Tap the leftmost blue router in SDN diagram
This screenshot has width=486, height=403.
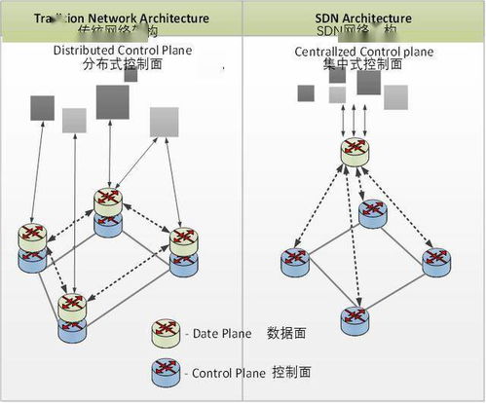[x=295, y=260]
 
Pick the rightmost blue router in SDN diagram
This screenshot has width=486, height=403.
[x=435, y=260]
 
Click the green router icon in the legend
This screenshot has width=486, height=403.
[x=167, y=333]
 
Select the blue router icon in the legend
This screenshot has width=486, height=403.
[x=167, y=370]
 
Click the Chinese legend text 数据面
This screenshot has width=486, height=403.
[x=287, y=334]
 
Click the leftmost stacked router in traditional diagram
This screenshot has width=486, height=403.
[x=32, y=245]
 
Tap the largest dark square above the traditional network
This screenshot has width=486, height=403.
[x=112, y=101]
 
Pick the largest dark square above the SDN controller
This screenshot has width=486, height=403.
[x=368, y=82]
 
